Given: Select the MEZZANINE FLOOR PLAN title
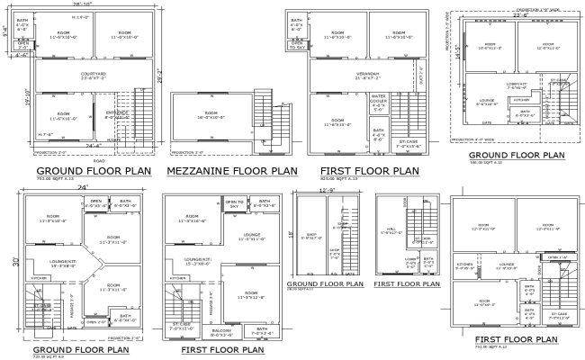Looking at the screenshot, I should point(230,169).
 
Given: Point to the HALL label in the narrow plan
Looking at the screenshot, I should point(390,230).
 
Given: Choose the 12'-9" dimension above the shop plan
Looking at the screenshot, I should point(327,190).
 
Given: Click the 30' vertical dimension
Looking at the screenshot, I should point(15,261).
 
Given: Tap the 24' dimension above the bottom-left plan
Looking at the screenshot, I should point(82,188).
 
